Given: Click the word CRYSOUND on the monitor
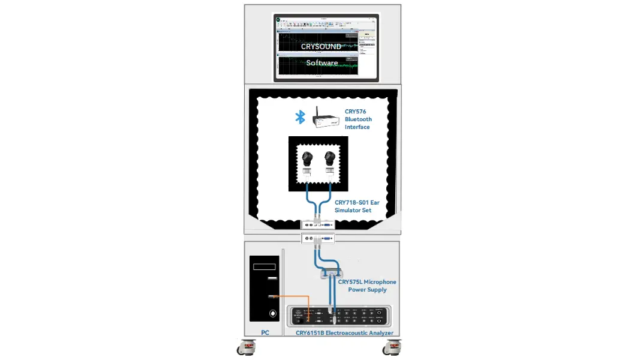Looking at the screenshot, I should point(321,46).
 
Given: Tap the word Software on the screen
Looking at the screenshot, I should point(322,63).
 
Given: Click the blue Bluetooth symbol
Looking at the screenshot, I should point(300,117).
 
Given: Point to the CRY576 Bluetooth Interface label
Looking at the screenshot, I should point(358,119).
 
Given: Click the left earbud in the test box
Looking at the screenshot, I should point(308,159).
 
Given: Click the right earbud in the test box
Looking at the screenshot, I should point(329,159).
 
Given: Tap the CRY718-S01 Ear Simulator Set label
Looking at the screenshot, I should point(357,206).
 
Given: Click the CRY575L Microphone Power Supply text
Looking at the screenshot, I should point(367,286).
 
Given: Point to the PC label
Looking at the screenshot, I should point(265,332).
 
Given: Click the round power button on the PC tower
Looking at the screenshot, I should point(273,313).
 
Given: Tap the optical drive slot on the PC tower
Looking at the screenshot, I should point(265,266).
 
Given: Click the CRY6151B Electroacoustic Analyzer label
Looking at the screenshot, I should point(344,333).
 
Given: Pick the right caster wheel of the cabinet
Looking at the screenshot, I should point(394,347).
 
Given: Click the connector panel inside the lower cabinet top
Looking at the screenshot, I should point(318,238).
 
